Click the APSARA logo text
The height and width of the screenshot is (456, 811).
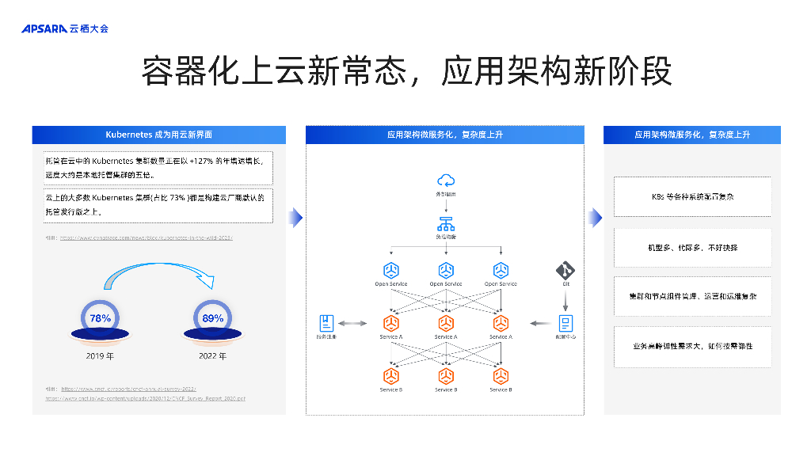(x=44, y=28)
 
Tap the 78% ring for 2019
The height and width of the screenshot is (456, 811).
(x=101, y=318)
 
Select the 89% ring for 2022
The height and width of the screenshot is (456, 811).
(x=212, y=318)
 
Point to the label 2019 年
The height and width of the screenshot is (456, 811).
(x=101, y=356)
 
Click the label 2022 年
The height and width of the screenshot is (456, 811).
(x=212, y=356)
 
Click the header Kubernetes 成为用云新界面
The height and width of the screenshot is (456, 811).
(x=158, y=135)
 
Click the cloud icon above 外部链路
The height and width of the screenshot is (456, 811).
(x=445, y=180)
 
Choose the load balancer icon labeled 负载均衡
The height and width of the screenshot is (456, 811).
(x=445, y=223)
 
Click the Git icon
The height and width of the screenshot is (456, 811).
(x=565, y=269)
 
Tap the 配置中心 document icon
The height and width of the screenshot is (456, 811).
(x=566, y=323)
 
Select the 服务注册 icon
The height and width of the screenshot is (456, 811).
(x=326, y=323)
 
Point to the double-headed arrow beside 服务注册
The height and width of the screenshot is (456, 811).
(x=353, y=323)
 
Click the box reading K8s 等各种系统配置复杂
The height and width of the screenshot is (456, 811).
(x=692, y=196)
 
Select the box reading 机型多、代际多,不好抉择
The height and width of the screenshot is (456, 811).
(x=692, y=248)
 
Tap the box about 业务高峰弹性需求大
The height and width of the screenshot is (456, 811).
(x=692, y=347)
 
